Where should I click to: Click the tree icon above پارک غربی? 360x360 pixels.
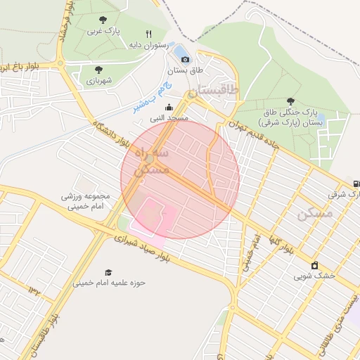coord(103,20)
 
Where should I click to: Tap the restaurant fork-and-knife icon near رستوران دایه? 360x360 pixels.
coord(148,33)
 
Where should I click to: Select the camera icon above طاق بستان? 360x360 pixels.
coord(185,60)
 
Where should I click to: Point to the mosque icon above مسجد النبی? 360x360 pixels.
coord(167,108)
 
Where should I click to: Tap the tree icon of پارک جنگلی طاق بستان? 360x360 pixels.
coord(291,101)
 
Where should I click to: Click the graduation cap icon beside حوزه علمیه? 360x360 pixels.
coord(108,272)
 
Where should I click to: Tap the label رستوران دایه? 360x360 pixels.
coord(146,45)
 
